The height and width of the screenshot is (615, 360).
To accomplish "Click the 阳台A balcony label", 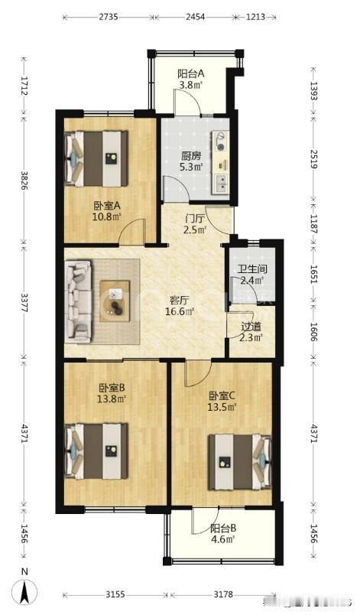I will point(190,73).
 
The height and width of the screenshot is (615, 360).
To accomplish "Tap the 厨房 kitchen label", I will point(191,155).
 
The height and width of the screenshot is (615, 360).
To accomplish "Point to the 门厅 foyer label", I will point(196,217).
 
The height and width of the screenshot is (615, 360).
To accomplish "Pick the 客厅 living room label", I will point(180,300).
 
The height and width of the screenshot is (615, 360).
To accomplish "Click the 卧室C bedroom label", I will point(222,395).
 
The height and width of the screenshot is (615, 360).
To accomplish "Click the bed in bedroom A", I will point(98,158).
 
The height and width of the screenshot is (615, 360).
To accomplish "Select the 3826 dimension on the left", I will point(24,177).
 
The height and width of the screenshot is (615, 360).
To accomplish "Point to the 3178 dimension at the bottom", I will point(221,594).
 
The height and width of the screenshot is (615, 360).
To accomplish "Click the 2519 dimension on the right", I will point(314,155).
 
